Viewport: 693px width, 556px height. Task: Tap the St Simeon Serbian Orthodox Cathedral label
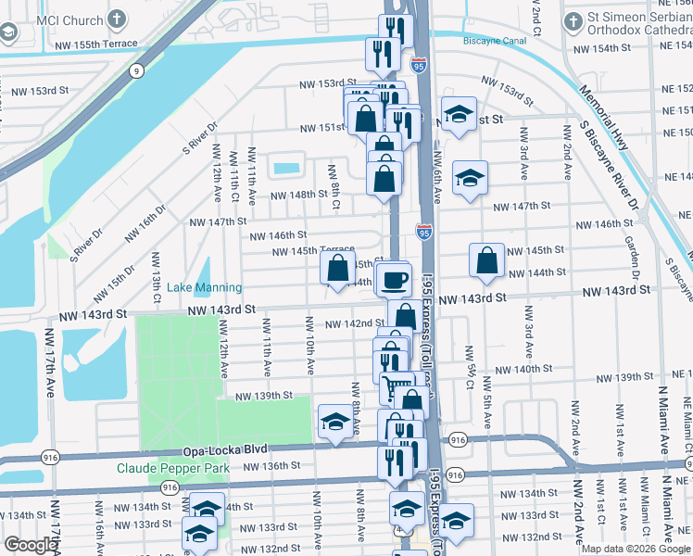(639, 27)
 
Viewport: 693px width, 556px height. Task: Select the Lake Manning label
(204, 288)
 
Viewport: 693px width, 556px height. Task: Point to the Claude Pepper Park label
(172, 468)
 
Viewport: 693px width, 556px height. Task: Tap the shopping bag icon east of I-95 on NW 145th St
(486, 262)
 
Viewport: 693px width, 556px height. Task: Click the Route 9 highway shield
(136, 69)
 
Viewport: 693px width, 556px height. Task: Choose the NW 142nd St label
(356, 323)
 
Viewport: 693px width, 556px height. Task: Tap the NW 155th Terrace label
(99, 44)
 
